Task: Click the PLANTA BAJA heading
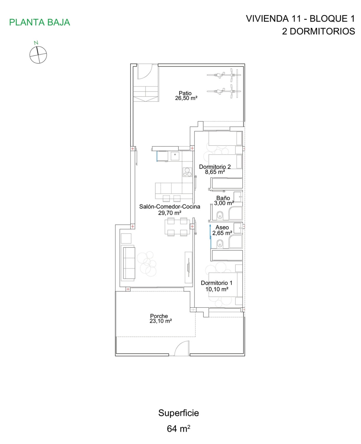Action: [40, 22]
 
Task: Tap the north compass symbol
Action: [38, 55]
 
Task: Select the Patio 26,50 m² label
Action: [186, 96]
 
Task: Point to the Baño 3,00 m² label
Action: [223, 200]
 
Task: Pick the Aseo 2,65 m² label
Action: [222, 230]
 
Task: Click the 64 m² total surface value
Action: [178, 428]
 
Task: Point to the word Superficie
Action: [178, 413]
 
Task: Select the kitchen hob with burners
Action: [187, 172]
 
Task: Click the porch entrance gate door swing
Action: [182, 348]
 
